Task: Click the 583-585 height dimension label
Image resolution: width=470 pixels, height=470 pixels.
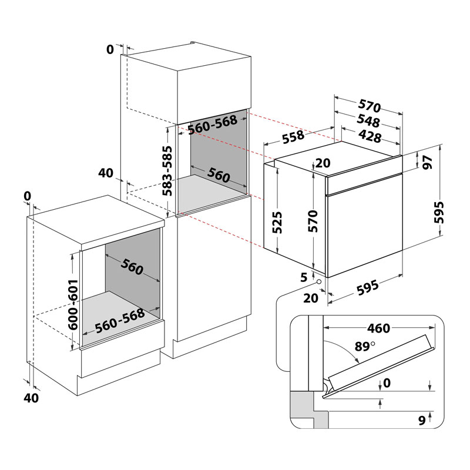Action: pyautogui.click(x=167, y=171)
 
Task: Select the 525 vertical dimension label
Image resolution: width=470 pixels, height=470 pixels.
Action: pyautogui.click(x=278, y=223)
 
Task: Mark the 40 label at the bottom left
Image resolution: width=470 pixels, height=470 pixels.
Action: pyautogui.click(x=31, y=398)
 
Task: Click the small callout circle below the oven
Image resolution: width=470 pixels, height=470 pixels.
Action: pyautogui.click(x=319, y=281)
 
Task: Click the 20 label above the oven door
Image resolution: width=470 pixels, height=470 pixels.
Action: pyautogui.click(x=323, y=164)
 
